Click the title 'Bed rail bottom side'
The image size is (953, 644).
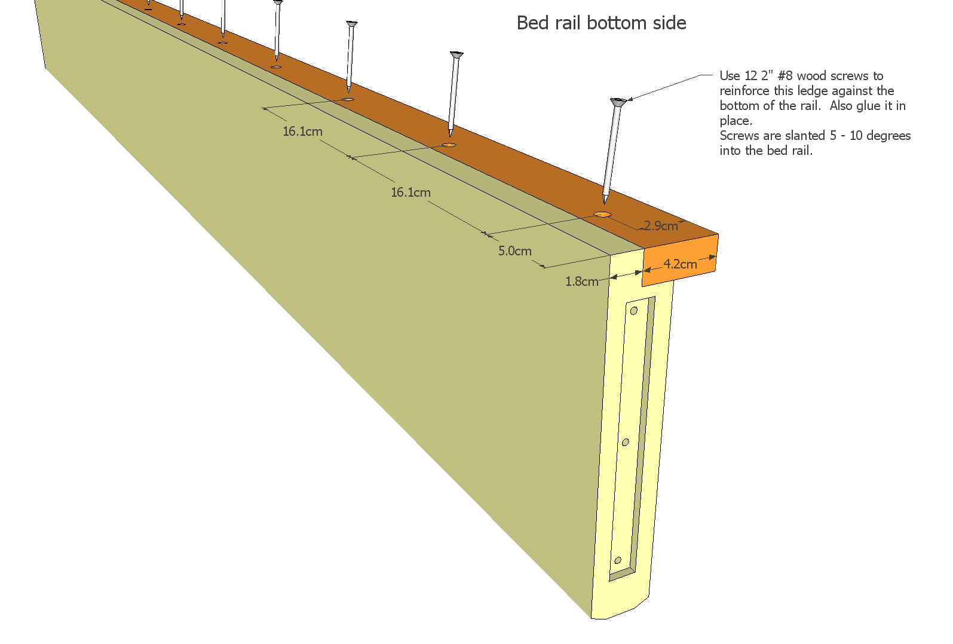(x=601, y=23)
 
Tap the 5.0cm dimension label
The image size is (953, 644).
(x=515, y=251)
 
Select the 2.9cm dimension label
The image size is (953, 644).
(x=661, y=226)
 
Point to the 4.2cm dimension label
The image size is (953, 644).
(x=680, y=264)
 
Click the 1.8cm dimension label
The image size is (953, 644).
(x=582, y=281)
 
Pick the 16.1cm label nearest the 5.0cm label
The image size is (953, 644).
(x=410, y=193)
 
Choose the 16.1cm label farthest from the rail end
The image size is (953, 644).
(x=302, y=132)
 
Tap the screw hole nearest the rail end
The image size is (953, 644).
(x=602, y=214)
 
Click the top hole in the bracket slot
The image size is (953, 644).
(x=634, y=310)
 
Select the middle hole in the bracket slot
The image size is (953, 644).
(x=626, y=442)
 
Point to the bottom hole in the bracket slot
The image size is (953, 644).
(x=618, y=560)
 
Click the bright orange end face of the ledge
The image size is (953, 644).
(x=681, y=261)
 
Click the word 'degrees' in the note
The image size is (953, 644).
(x=888, y=136)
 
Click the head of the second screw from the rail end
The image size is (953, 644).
(x=456, y=54)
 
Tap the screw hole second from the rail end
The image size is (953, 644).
(x=449, y=145)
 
